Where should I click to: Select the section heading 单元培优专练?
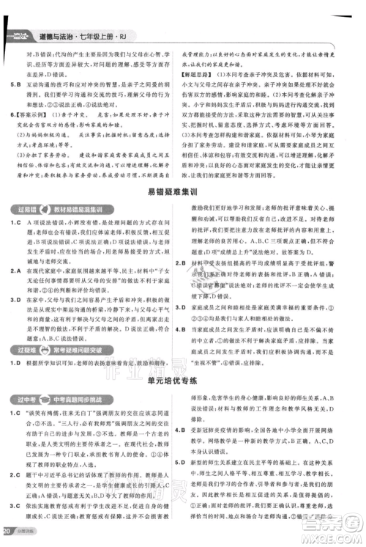pos(182,359)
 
